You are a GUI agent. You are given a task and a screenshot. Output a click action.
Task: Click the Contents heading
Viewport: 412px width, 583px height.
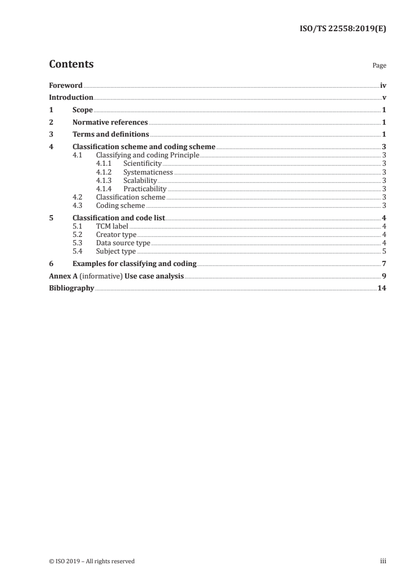pyautogui.click(x=71, y=64)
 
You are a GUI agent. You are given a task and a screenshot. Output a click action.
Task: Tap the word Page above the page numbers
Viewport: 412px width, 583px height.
pyautogui.click(x=379, y=66)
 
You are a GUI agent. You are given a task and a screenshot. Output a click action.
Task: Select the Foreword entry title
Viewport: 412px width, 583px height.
pyautogui.click(x=65, y=85)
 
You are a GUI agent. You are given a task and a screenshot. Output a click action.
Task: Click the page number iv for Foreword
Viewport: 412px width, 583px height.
pyautogui.click(x=383, y=85)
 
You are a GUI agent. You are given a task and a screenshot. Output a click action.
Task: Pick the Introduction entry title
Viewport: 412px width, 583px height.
pyautogui.click(x=71, y=97)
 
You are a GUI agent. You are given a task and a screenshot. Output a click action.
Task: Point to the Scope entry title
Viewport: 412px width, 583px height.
pyautogui.click(x=83, y=110)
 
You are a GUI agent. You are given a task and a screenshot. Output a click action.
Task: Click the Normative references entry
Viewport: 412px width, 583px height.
pyautogui.click(x=110, y=123)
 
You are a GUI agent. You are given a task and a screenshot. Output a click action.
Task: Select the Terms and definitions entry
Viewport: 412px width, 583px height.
pyautogui.click(x=111, y=135)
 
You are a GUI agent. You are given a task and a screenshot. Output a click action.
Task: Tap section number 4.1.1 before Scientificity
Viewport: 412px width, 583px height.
pyautogui.click(x=104, y=164)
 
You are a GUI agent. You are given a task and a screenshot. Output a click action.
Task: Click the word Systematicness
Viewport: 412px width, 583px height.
pyautogui.click(x=148, y=172)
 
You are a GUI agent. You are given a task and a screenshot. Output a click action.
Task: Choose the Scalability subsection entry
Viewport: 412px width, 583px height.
pyautogui.click(x=140, y=180)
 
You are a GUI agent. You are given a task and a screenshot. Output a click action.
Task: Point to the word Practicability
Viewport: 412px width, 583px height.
pyautogui.click(x=144, y=189)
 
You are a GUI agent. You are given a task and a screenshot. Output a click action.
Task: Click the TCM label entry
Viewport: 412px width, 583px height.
pyautogui.click(x=112, y=227)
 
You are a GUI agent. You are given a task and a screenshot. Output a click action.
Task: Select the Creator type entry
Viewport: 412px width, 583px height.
pyautogui.click(x=116, y=235)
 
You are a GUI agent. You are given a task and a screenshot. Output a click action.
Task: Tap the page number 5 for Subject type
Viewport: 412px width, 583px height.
pyautogui.click(x=383, y=251)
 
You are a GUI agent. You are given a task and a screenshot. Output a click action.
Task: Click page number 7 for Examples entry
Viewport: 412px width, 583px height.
pyautogui.click(x=383, y=263)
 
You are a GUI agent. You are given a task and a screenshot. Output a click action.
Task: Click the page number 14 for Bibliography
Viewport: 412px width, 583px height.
pyautogui.click(x=381, y=288)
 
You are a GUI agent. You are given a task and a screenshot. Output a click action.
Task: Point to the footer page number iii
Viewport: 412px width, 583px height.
pyautogui.click(x=383, y=561)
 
